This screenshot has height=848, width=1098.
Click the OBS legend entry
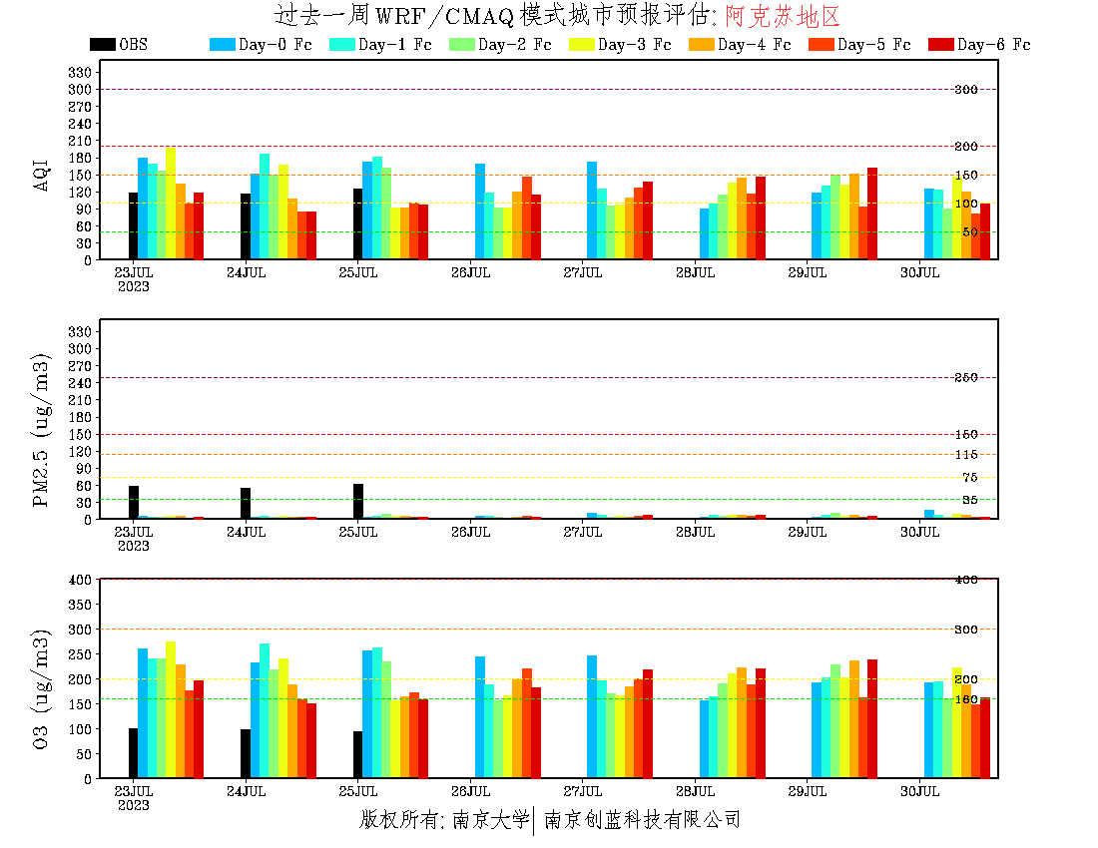coord(118,45)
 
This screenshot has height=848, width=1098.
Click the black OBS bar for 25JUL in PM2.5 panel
coord(357,502)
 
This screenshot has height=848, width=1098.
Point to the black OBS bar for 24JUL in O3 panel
coord(246,753)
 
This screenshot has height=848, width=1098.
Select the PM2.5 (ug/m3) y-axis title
coord(42,430)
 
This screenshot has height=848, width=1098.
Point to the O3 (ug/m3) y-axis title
coord(42,688)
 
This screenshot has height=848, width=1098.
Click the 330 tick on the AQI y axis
coord(80,73)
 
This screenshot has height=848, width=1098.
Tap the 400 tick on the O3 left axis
coord(80,580)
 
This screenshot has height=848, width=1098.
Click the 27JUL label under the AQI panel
coord(582,272)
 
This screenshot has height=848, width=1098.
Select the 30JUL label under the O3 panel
coord(919,791)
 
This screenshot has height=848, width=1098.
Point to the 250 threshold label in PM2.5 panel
coord(966,378)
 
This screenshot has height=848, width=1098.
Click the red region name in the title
coord(783,16)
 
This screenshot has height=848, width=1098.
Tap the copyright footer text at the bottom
coord(550,820)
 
